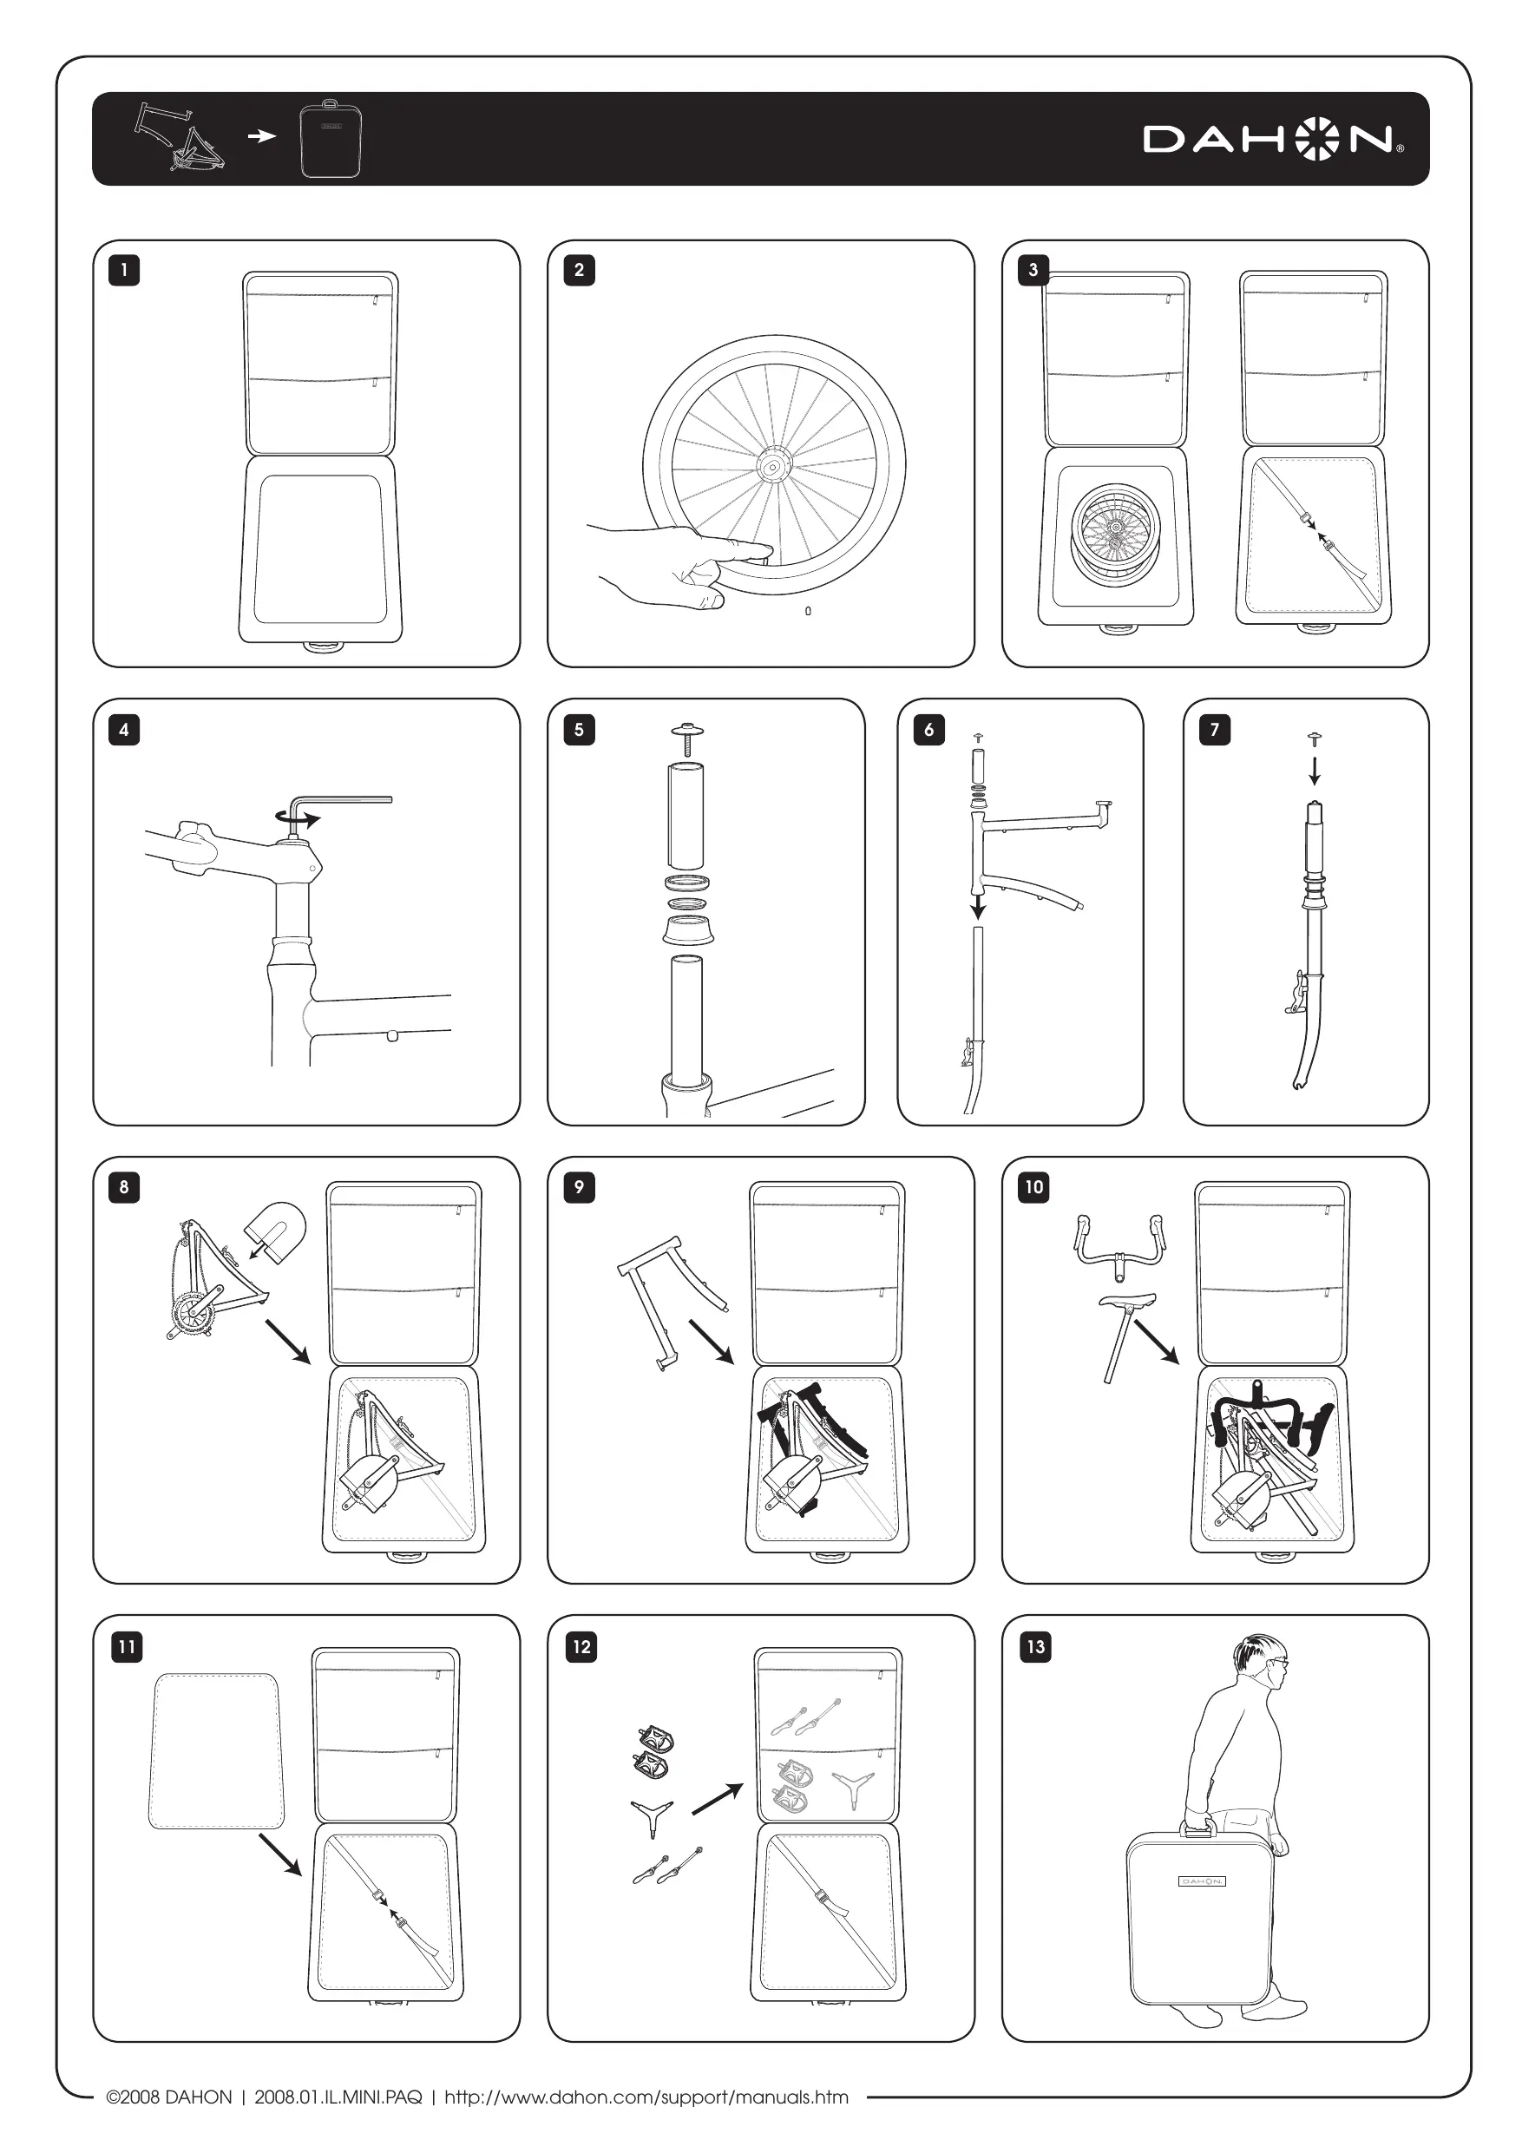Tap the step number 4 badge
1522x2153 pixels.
pos(124,730)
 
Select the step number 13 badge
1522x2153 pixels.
pos(1035,1646)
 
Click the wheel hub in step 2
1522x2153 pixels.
pos(775,464)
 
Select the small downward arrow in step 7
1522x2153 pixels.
pos(1315,770)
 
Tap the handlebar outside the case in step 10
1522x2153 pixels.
pos(1119,1244)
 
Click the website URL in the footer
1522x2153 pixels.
pos(646,2097)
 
